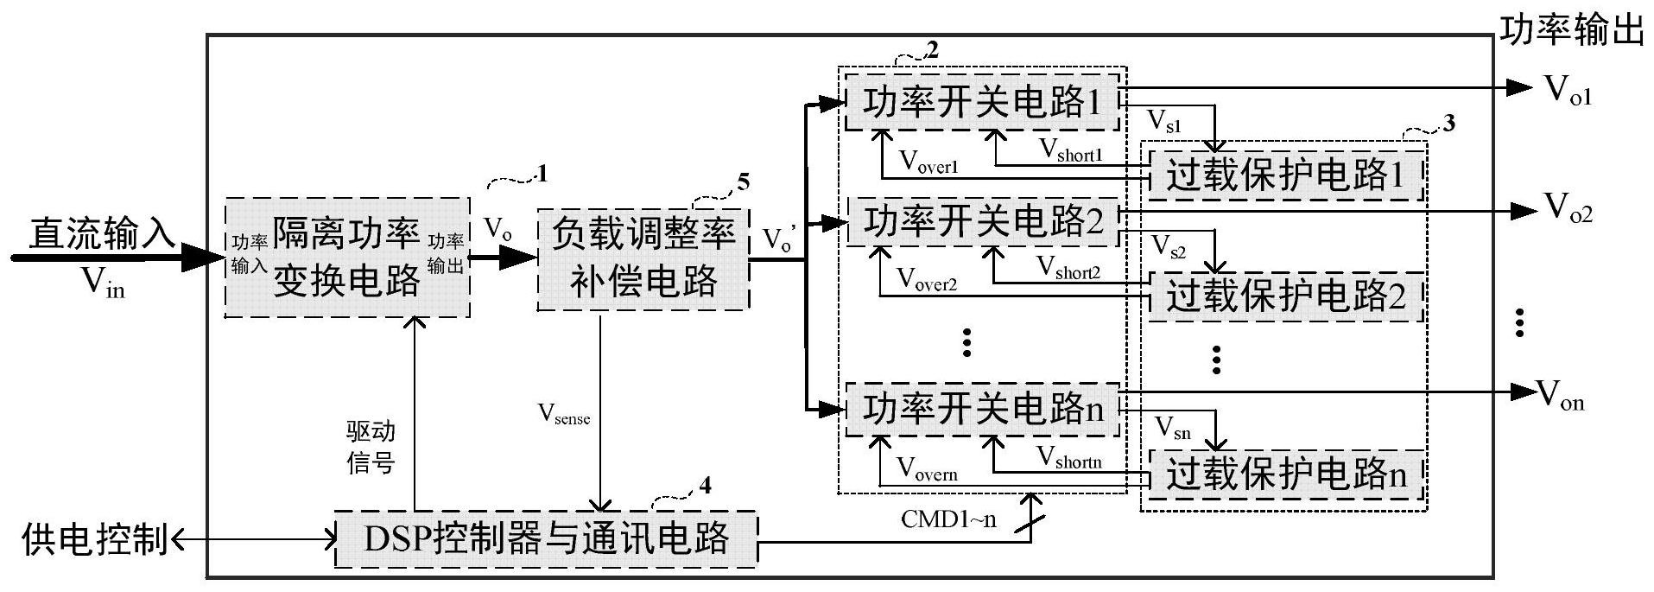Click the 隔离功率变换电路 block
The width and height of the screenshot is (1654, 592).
[x=347, y=258]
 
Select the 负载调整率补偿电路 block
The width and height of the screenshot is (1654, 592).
[x=643, y=258]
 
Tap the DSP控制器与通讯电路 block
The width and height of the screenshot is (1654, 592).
[x=546, y=539]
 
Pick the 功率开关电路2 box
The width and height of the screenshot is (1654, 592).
[x=982, y=222]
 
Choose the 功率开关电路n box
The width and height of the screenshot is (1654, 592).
[x=982, y=407]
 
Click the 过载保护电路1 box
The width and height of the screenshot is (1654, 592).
[x=1284, y=176]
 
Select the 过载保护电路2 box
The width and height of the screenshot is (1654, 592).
[x=1284, y=296]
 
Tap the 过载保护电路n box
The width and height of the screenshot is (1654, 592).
[x=1284, y=474]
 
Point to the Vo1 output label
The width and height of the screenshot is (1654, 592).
[x=1567, y=90]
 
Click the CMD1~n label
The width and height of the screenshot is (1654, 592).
[x=947, y=519]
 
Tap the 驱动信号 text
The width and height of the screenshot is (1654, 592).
[x=371, y=448]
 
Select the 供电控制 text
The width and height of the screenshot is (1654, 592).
[x=95, y=539]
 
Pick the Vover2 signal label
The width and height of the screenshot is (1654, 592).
[x=928, y=279]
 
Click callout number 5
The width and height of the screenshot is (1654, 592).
[x=743, y=182]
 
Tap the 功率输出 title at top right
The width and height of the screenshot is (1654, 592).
[x=1571, y=31]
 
